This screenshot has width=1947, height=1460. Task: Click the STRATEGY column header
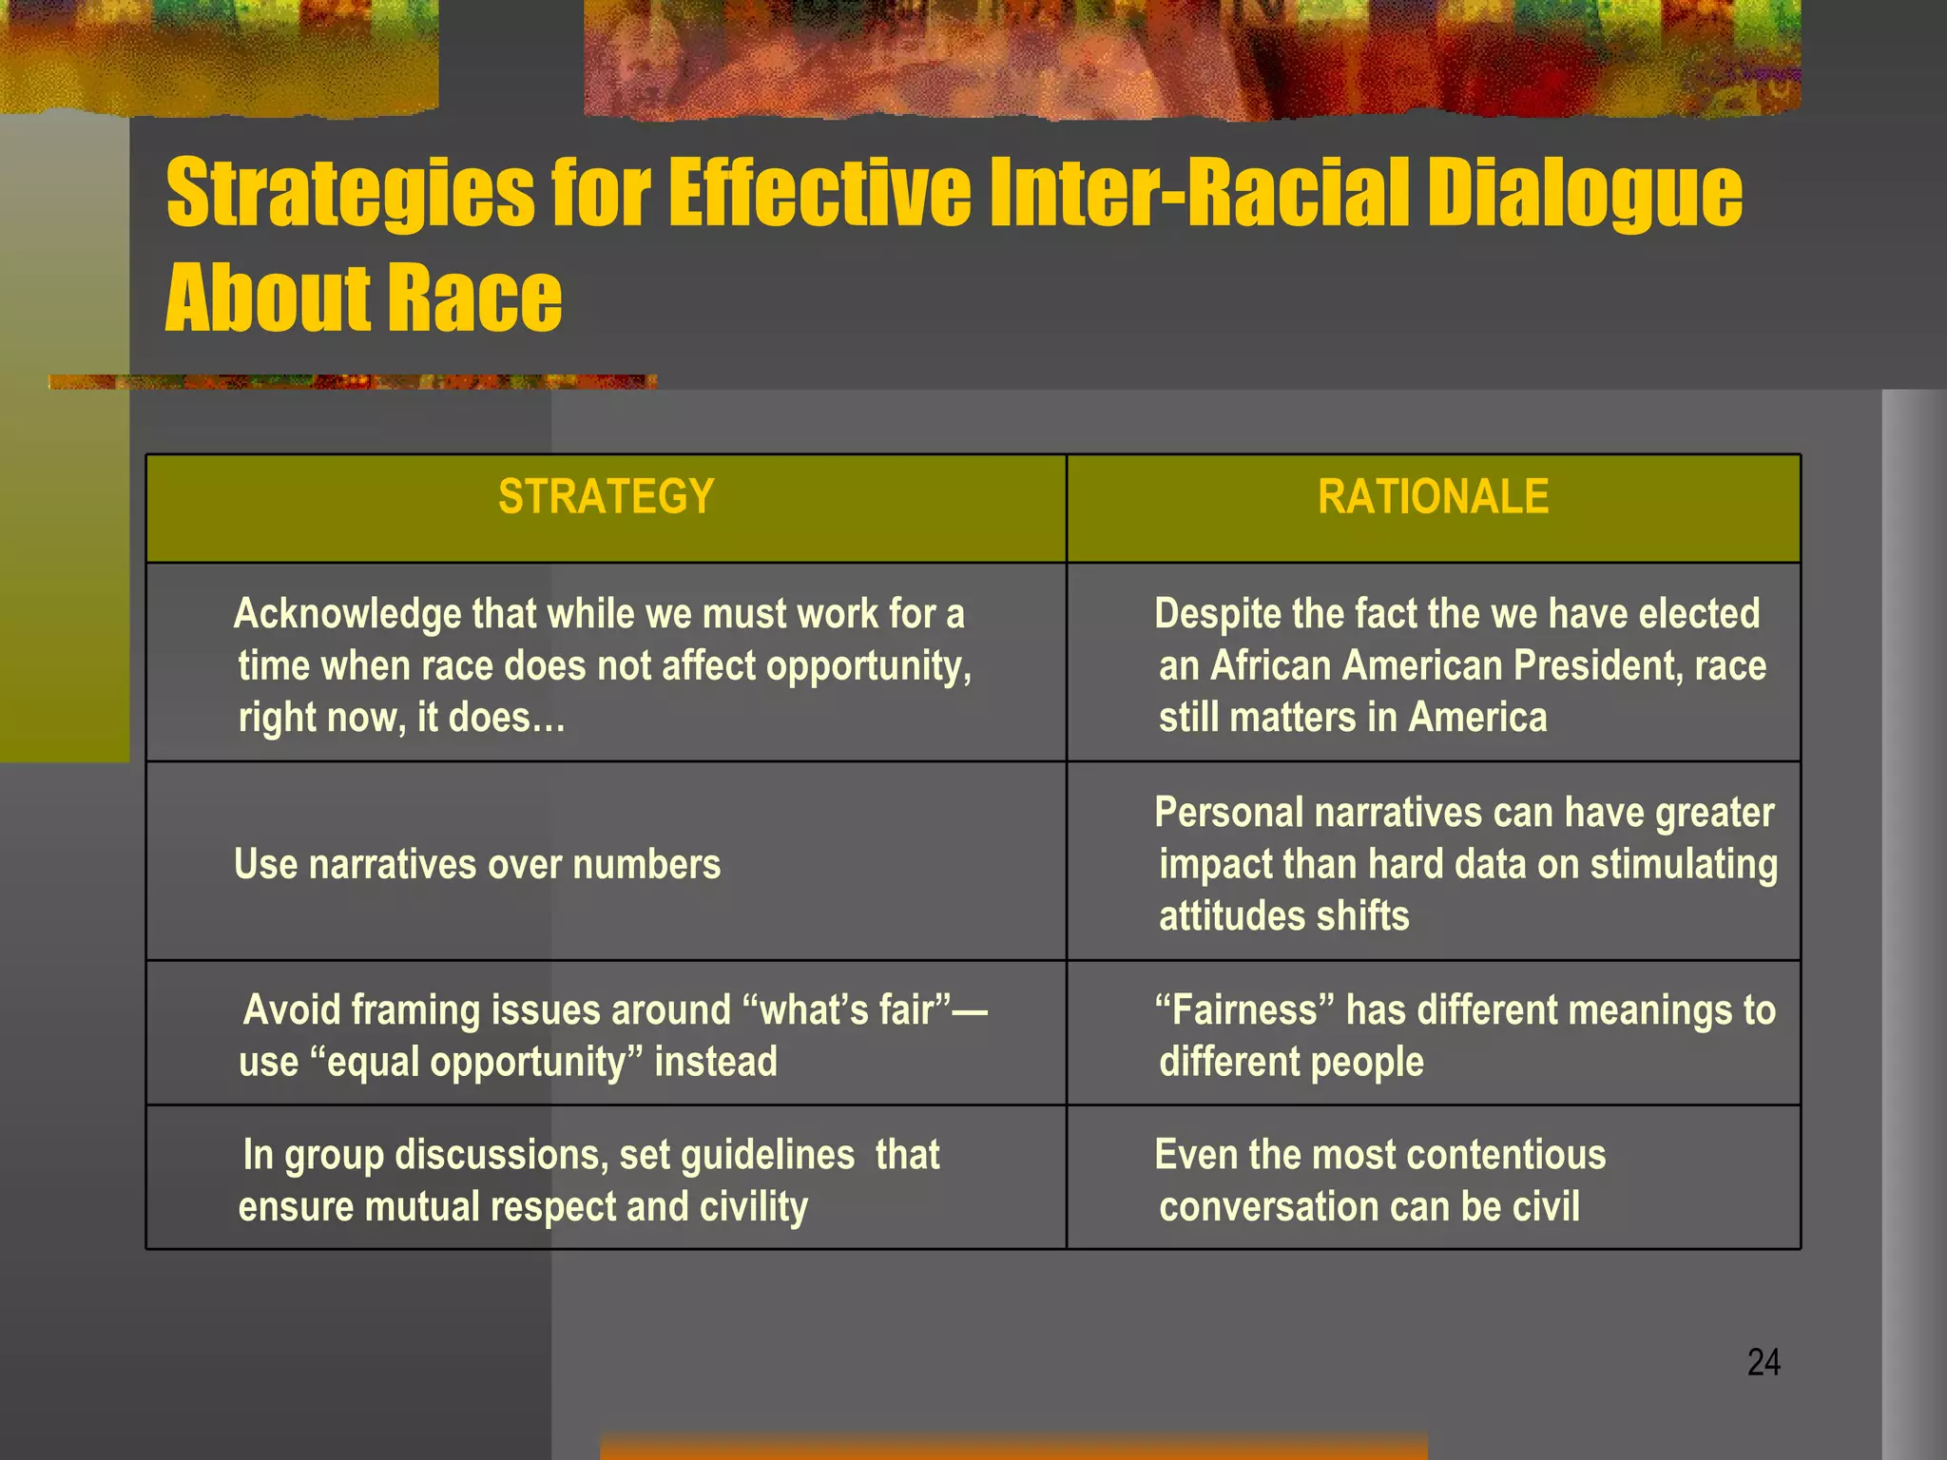tap(606, 496)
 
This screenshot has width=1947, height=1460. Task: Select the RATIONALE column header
tap(1433, 496)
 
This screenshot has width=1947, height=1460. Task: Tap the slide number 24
tap(1764, 1362)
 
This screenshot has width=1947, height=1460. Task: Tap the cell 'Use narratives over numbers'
tap(477, 865)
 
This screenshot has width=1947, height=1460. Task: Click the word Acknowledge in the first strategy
tap(347, 614)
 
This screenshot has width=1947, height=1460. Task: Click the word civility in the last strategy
tap(753, 1207)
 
